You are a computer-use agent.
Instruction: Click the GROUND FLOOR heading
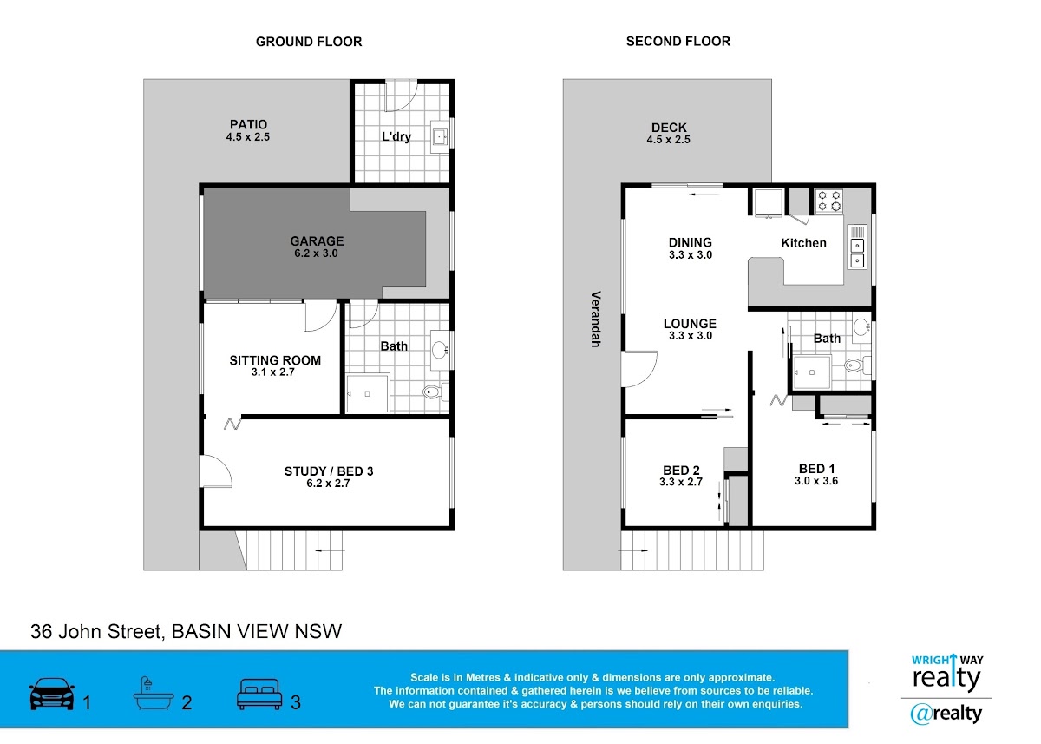click(x=309, y=42)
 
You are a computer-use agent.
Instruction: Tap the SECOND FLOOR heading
click(x=678, y=41)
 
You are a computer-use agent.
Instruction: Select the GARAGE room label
click(x=317, y=240)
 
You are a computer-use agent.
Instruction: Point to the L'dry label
click(x=396, y=136)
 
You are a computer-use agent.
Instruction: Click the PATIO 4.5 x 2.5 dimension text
click(x=248, y=136)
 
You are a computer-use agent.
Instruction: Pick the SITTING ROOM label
click(x=275, y=360)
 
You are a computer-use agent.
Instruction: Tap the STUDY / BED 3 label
click(x=329, y=471)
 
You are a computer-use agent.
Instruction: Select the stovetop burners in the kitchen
click(x=829, y=201)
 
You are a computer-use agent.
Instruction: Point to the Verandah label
click(x=596, y=319)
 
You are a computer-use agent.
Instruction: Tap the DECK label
click(x=669, y=128)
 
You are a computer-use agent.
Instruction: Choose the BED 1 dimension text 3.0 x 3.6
click(x=816, y=481)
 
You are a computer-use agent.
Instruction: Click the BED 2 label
click(x=681, y=471)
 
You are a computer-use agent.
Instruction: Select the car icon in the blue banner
click(x=52, y=694)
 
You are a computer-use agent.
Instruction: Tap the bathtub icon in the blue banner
click(x=154, y=693)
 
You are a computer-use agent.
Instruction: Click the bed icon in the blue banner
click(x=259, y=695)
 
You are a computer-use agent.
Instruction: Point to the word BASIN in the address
click(x=201, y=631)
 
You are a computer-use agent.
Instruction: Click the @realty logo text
click(x=946, y=714)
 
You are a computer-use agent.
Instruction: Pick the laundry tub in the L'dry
click(x=439, y=136)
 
